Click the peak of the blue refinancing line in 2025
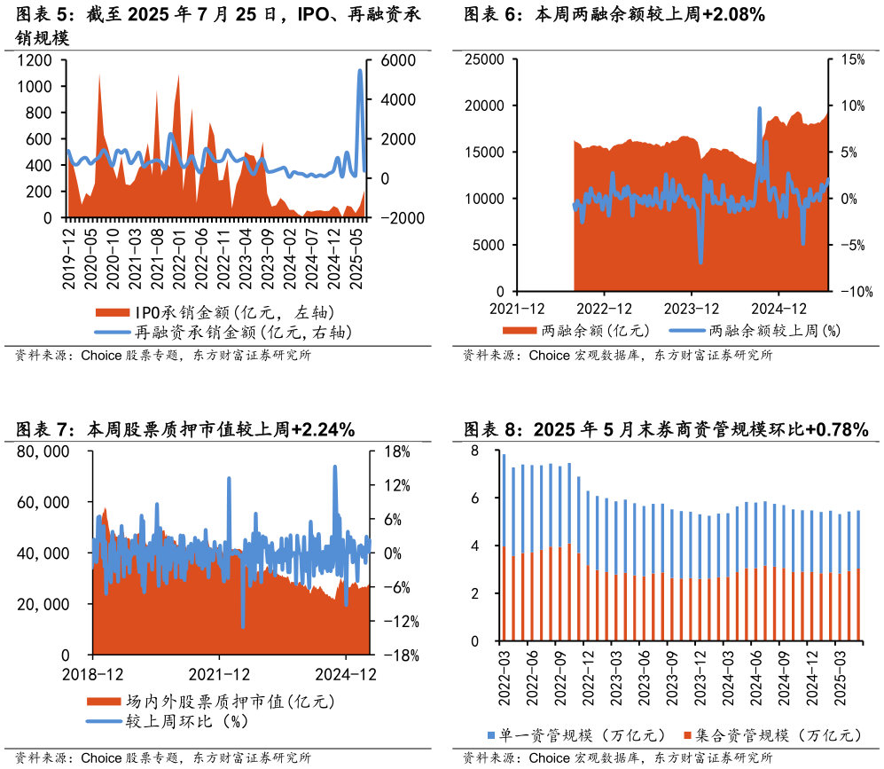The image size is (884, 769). pyautogui.click(x=360, y=70)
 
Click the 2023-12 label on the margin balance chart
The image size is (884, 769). pyautogui.click(x=691, y=309)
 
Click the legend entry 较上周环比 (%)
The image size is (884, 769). pyautogui.click(x=186, y=721)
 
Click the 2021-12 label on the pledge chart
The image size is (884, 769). pyautogui.click(x=217, y=673)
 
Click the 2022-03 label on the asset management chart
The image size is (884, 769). pyautogui.click(x=504, y=678)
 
